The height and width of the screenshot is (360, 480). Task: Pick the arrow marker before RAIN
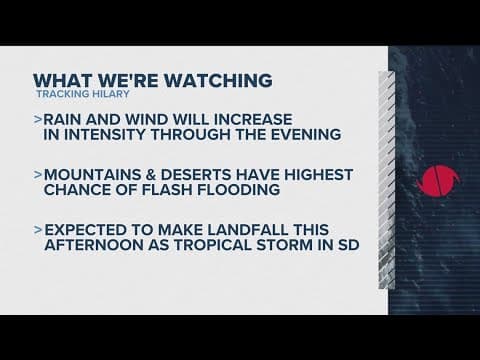(x=37, y=120)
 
